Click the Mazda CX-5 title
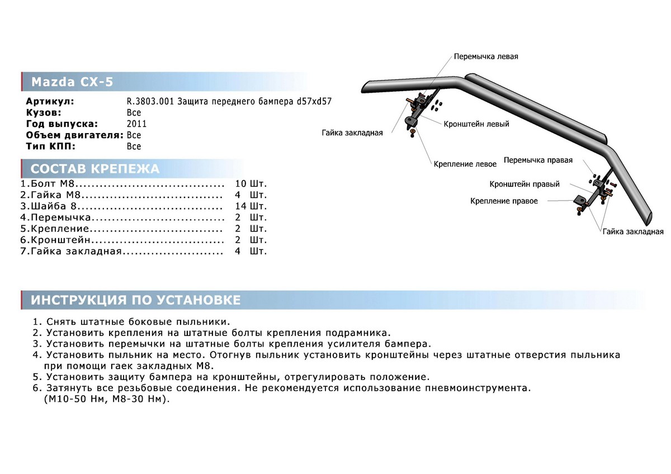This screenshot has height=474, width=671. tap(72, 82)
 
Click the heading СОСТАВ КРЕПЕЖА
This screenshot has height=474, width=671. tap(94, 169)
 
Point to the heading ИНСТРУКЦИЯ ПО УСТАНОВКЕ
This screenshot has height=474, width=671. tap(135, 300)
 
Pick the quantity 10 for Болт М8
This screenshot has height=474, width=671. tap(241, 183)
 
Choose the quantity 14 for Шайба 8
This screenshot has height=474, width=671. tap(241, 206)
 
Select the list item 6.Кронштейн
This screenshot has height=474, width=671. tap(55, 240)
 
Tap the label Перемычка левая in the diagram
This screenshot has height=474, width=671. tap(486, 57)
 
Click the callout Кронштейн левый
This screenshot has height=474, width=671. tap(476, 124)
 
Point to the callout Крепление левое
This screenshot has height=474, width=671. tap(465, 164)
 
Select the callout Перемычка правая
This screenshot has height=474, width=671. tap(538, 160)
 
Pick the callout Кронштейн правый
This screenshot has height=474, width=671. tap(524, 184)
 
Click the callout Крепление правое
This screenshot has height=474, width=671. tap(504, 201)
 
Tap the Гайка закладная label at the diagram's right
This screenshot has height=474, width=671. tap(632, 231)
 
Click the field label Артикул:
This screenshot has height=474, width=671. tap(50, 101)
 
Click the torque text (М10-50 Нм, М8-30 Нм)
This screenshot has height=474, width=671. tap(105, 400)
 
